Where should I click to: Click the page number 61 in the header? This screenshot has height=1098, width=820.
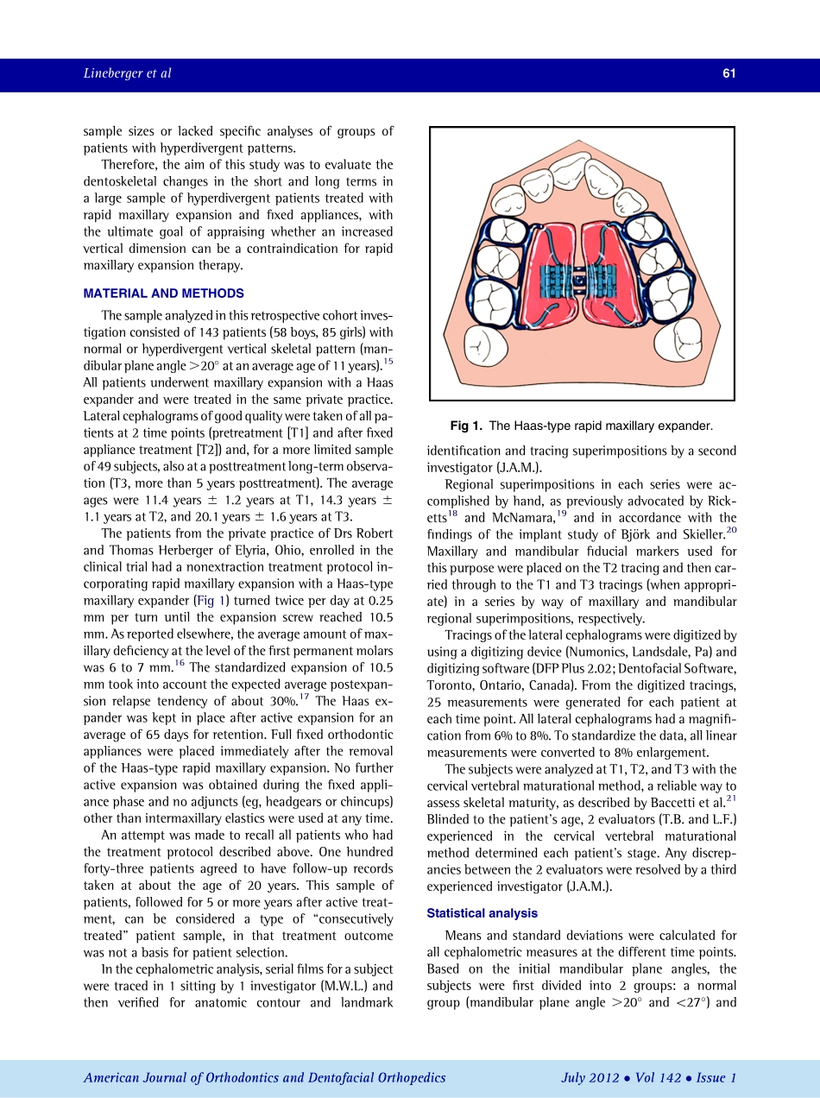click(x=729, y=73)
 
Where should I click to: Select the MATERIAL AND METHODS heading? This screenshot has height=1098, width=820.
click(x=163, y=293)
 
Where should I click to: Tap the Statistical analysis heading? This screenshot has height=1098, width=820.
click(x=483, y=913)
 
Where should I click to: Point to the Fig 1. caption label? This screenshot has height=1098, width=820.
click(x=466, y=426)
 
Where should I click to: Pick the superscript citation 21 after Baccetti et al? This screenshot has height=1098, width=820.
click(x=731, y=799)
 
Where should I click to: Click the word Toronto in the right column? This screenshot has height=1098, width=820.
click(x=450, y=685)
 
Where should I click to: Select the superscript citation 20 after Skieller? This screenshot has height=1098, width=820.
click(x=731, y=530)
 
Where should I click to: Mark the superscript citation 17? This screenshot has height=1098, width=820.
click(x=305, y=696)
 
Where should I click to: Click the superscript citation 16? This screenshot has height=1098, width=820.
click(x=179, y=662)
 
